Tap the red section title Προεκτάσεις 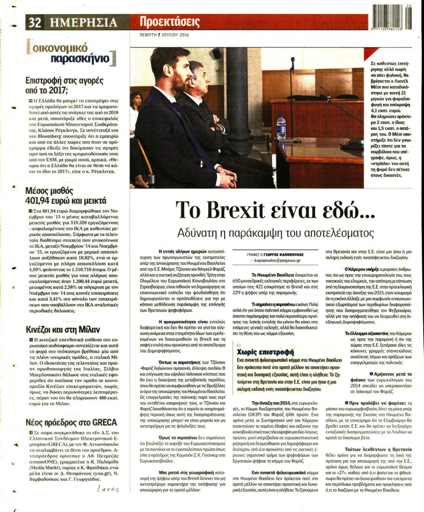click(170, 21)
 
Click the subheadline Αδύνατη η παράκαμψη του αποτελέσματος click(276, 232)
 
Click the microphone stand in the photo click(292, 88)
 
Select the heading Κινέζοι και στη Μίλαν click(63, 329)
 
